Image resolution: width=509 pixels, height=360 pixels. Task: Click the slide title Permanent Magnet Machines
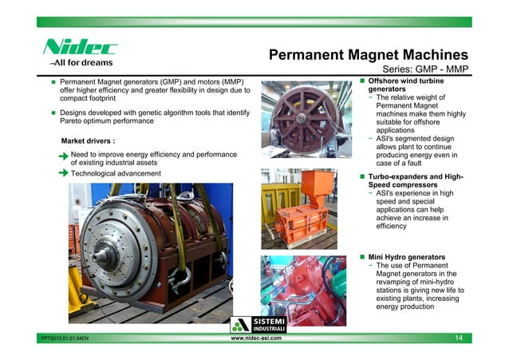(367, 55)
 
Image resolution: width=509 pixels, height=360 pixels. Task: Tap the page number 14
(458, 339)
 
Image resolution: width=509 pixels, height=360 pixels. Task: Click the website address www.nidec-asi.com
(254, 339)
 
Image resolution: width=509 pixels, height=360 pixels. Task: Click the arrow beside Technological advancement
(62, 173)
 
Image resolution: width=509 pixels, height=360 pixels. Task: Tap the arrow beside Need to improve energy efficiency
(62, 155)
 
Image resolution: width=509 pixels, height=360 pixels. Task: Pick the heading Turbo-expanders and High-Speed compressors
(414, 180)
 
